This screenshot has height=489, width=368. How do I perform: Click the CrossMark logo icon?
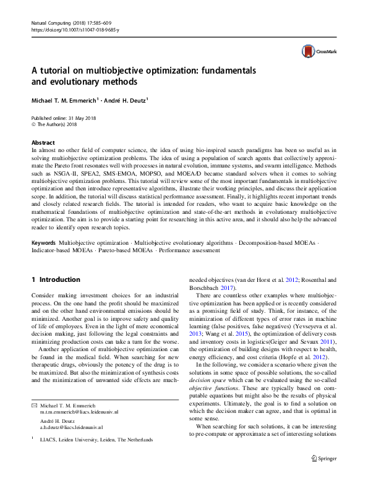click(x=307, y=51)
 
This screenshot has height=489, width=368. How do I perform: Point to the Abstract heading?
click(x=43, y=142)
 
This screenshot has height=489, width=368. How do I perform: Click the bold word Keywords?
click(x=44, y=243)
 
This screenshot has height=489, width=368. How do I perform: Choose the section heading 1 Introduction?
click(x=56, y=279)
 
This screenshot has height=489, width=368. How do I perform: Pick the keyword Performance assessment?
click(x=188, y=250)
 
